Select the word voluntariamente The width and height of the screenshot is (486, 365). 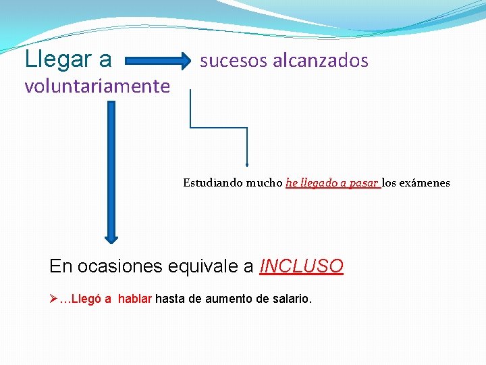(x=97, y=87)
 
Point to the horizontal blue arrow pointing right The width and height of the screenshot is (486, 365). (x=158, y=62)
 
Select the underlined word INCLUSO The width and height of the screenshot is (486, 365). (x=302, y=266)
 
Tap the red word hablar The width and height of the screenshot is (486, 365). (x=135, y=298)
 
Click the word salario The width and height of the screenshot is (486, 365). (x=290, y=298)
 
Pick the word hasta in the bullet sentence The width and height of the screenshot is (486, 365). (x=169, y=298)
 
